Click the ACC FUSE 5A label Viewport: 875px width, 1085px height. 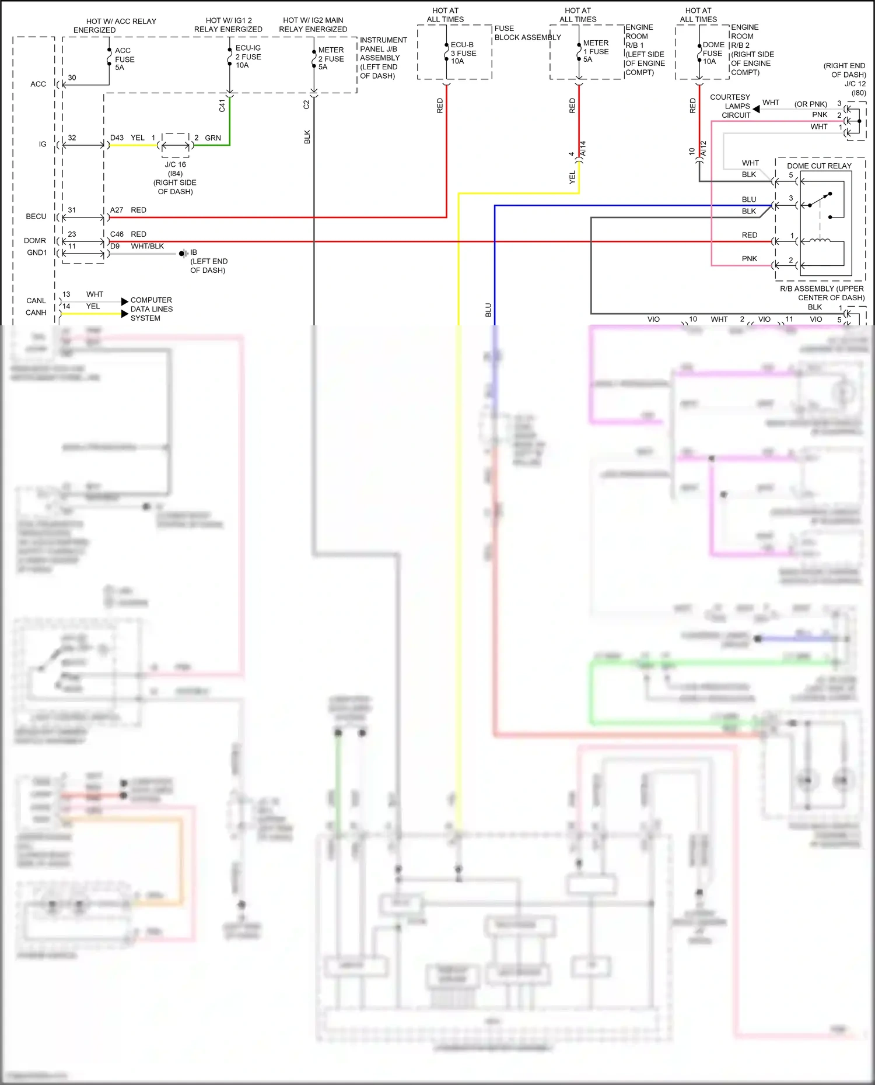(x=124, y=59)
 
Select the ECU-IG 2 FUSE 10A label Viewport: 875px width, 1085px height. (x=248, y=57)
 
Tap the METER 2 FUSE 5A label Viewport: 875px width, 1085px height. (x=331, y=58)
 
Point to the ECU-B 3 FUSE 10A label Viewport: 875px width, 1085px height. (x=463, y=52)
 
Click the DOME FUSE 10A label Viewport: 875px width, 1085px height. (x=713, y=53)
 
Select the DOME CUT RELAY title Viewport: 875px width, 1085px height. (x=819, y=166)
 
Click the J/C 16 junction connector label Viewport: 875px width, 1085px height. (x=175, y=164)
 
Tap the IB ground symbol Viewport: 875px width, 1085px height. (x=183, y=253)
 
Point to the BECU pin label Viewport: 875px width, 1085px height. (x=36, y=216)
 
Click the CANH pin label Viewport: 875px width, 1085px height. (x=36, y=312)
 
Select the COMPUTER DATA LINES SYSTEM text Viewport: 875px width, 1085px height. (x=151, y=309)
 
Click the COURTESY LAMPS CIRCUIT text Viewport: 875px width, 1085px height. (x=730, y=106)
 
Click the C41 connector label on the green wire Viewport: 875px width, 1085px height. (x=222, y=106)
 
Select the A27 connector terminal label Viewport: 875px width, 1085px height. (x=117, y=210)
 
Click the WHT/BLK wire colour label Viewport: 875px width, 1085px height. (x=147, y=246)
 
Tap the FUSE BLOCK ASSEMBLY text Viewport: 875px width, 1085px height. (x=527, y=33)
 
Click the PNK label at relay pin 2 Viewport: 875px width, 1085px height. (x=750, y=258)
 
